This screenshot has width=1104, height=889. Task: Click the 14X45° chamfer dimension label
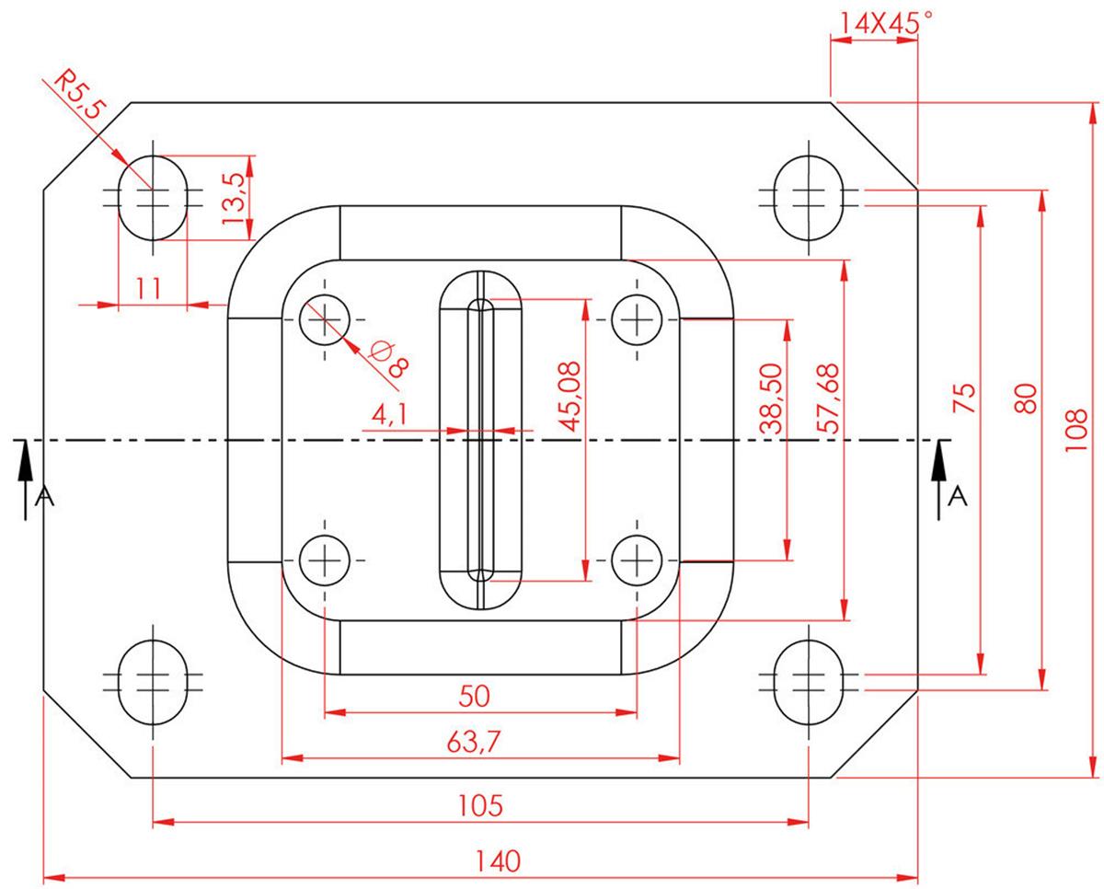(880, 23)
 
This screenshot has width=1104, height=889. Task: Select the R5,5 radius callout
(78, 95)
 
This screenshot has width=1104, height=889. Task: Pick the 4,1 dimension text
(388, 415)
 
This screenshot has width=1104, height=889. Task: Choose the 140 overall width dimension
(498, 861)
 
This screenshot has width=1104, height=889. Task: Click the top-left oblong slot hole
(153, 197)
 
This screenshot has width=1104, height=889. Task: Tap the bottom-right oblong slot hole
(807, 681)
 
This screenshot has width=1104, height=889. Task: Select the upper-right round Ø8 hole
(637, 319)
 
